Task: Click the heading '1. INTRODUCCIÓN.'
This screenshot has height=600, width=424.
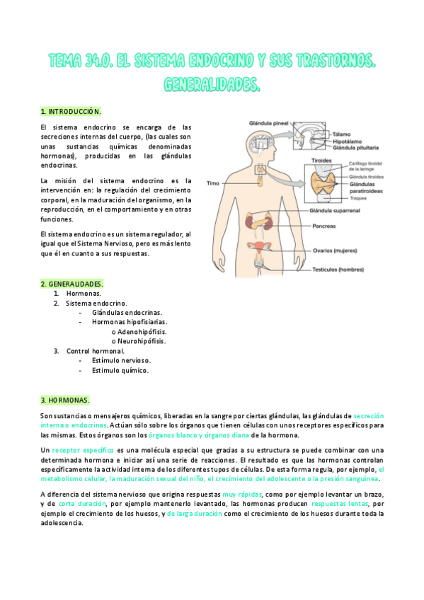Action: pyautogui.click(x=71, y=112)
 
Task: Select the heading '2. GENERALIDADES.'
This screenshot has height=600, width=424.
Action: pyautogui.click(x=72, y=283)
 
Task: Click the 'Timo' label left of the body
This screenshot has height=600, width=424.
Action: pyautogui.click(x=212, y=183)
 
